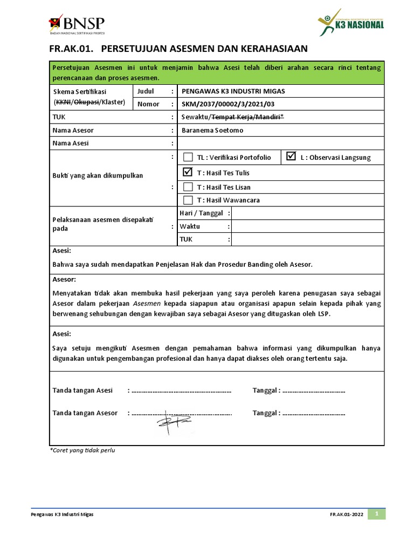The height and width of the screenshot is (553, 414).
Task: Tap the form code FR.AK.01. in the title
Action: pos(71,49)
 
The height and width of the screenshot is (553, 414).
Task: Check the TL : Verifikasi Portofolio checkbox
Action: pos(188,158)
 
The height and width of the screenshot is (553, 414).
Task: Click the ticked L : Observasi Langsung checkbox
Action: pos(292,157)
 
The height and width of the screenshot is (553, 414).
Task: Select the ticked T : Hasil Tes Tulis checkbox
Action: pos(188,173)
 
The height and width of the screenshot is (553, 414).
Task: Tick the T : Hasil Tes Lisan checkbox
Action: pos(188,187)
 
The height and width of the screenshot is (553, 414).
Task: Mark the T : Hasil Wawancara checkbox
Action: pos(188,200)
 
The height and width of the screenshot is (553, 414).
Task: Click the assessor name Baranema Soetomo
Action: pos(212,130)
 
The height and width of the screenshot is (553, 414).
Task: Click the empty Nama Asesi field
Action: pos(280,143)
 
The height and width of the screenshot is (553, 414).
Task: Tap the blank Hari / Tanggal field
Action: pos(307,213)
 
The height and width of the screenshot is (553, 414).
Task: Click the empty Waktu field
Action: pos(307,227)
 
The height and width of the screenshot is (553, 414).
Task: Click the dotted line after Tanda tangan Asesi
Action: pos(181,390)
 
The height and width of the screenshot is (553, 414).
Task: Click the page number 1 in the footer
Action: pos(377,514)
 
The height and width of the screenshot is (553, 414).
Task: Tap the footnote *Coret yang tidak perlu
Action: pos(82,450)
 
